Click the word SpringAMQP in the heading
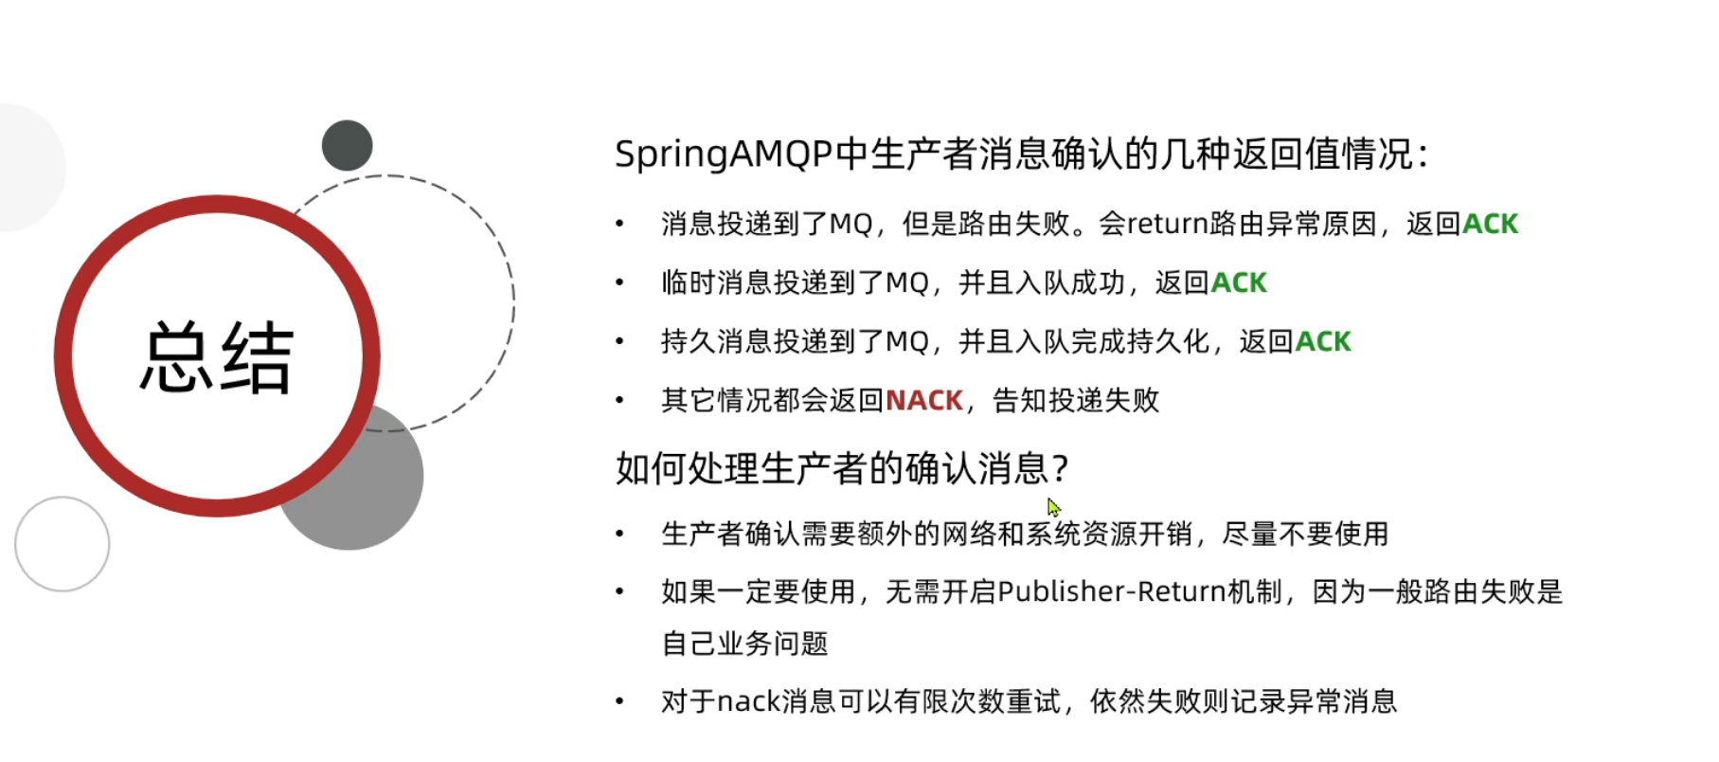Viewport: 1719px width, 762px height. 725,154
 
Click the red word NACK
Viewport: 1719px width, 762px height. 924,400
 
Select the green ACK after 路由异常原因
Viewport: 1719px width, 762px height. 1490,224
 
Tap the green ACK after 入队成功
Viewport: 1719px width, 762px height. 1239,282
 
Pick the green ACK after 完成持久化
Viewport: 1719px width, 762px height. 1323,341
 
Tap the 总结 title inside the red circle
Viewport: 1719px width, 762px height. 217,357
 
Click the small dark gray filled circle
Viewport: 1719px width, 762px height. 347,145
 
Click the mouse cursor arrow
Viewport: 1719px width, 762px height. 1053,507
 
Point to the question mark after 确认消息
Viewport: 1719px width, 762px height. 1061,468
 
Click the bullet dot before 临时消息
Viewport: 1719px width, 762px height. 619,282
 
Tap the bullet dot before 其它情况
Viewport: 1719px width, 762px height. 619,400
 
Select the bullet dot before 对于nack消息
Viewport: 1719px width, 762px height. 619,701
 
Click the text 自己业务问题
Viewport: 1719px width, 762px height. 744,644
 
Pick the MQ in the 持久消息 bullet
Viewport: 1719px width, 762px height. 906,342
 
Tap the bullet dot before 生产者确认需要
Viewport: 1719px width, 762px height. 619,534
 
